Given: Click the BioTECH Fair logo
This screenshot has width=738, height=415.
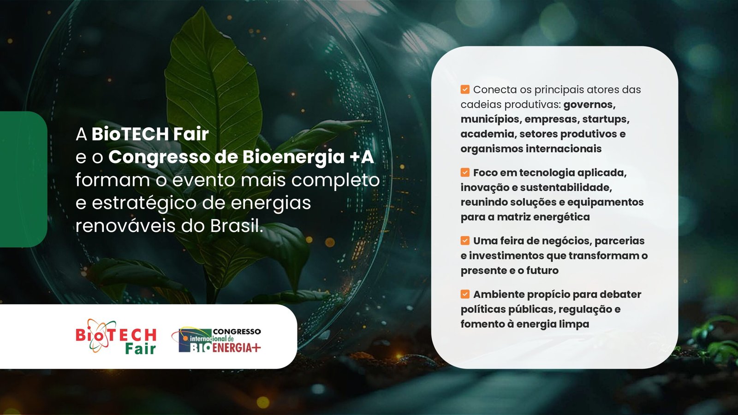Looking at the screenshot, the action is (116, 336).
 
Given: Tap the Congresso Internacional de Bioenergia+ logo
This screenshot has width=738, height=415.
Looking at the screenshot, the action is (216, 340).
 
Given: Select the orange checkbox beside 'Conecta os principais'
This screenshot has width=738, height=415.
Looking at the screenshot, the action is (465, 89).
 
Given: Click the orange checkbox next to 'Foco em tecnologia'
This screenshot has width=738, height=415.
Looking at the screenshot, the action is (465, 172).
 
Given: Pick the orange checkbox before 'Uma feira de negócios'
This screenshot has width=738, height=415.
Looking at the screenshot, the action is (465, 240).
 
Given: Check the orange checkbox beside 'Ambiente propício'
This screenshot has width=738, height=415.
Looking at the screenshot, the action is (465, 294).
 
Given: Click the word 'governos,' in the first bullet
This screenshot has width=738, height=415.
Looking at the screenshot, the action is (589, 105).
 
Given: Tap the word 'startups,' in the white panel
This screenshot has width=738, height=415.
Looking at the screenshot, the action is (606, 119).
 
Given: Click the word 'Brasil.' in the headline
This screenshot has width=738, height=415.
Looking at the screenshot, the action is (237, 226).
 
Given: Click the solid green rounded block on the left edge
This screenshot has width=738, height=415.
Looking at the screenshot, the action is (23, 179).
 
